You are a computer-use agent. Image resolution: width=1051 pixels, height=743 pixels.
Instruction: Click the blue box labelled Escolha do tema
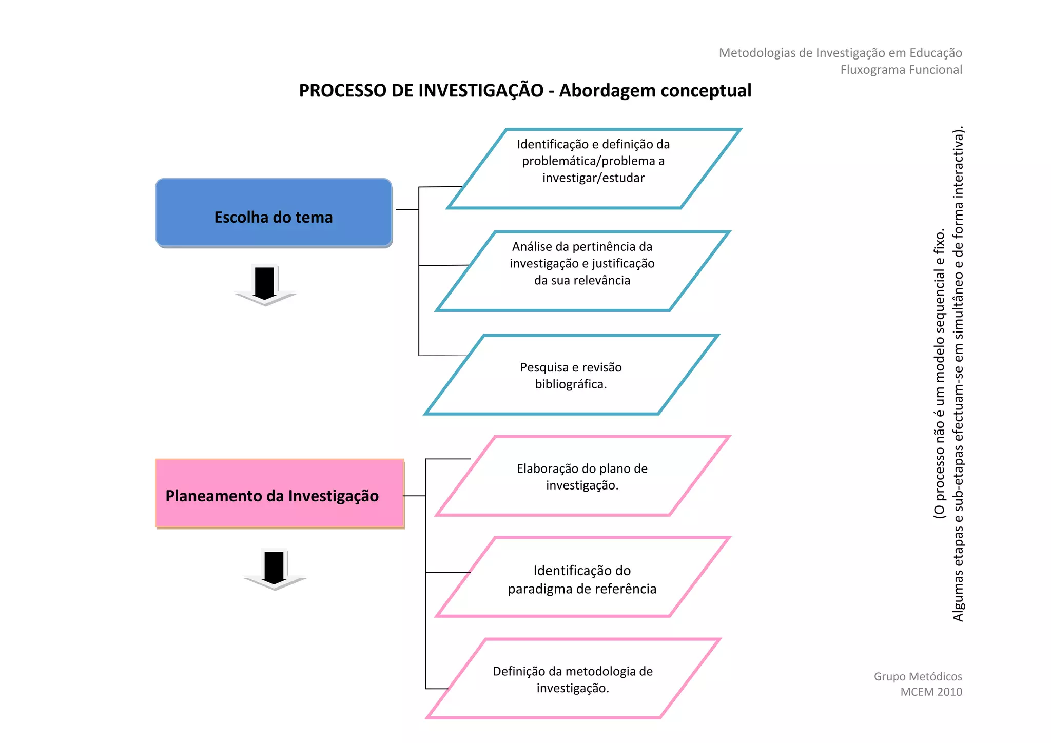coord(274,213)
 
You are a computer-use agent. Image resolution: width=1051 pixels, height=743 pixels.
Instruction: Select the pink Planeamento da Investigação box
coord(279,494)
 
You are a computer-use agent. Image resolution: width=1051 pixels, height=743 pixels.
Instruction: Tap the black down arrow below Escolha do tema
coord(265,285)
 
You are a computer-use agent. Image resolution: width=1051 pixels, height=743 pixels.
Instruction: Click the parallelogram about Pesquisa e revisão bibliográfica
coord(571,375)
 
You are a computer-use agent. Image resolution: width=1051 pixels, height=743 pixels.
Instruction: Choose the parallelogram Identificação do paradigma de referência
coord(582,577)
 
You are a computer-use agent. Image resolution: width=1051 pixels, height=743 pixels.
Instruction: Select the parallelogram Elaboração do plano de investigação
coord(582,476)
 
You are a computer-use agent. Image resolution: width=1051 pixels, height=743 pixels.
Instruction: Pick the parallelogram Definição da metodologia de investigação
coord(573,679)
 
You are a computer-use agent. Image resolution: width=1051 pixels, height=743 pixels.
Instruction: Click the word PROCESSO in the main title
coord(343,91)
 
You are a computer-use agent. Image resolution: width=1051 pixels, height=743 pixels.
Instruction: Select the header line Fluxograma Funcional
coord(901,70)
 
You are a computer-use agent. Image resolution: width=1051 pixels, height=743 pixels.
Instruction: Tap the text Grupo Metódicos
coord(918,676)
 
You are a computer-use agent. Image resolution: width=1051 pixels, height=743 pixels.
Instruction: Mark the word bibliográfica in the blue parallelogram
coord(570,384)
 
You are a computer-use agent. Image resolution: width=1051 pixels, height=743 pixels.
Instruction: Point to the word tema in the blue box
coord(314,218)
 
